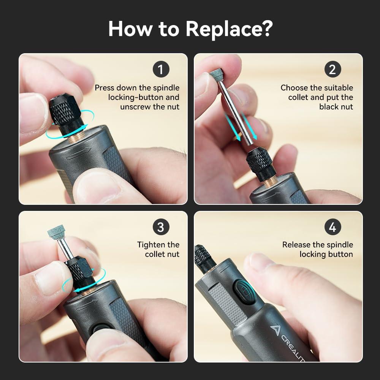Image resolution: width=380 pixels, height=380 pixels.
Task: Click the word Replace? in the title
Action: point(229,29)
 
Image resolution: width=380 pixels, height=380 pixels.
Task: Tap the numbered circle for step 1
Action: point(161,69)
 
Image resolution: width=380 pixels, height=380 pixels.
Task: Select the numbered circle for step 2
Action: point(332,69)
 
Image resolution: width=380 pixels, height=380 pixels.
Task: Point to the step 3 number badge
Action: point(161,227)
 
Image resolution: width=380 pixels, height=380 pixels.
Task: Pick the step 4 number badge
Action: point(332,227)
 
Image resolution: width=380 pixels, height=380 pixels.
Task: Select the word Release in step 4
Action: point(296,245)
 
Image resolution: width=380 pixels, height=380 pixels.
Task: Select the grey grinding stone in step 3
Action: point(56,232)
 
